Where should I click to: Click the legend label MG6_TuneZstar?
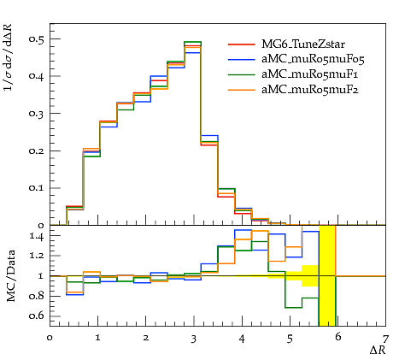[303, 44]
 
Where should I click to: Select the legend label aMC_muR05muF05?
[313, 59]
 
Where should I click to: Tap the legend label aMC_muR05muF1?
[310, 74]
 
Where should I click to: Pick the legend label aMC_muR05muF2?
[310, 90]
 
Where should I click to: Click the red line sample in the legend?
[242, 44]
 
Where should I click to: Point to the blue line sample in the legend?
[242, 60]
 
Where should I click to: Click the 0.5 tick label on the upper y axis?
[36, 39]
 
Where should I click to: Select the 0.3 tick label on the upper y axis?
[36, 114]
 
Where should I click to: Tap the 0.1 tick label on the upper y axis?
[36, 188]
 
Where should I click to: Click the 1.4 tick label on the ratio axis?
[37, 237]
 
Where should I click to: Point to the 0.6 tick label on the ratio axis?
[37, 316]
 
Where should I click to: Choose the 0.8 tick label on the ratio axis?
[37, 296]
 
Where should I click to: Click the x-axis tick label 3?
[194, 339]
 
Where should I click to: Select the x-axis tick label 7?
[385, 339]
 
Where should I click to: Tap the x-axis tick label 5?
[290, 339]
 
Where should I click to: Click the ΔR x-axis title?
[378, 350]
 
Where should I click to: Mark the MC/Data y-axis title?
[11, 276]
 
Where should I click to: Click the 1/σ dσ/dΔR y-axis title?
[9, 57]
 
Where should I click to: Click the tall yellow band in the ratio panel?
[327, 275]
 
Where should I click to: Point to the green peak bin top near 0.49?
[192, 42]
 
